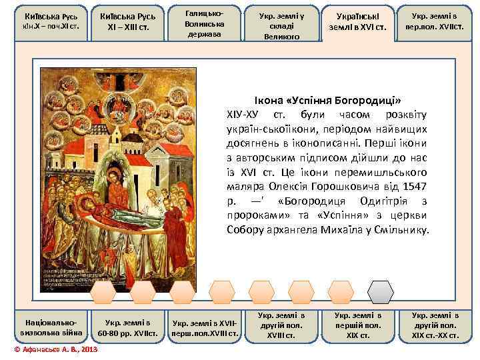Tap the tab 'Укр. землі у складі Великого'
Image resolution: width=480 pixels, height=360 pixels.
[x=281, y=23]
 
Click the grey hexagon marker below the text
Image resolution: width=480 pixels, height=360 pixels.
[x=381, y=291]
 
